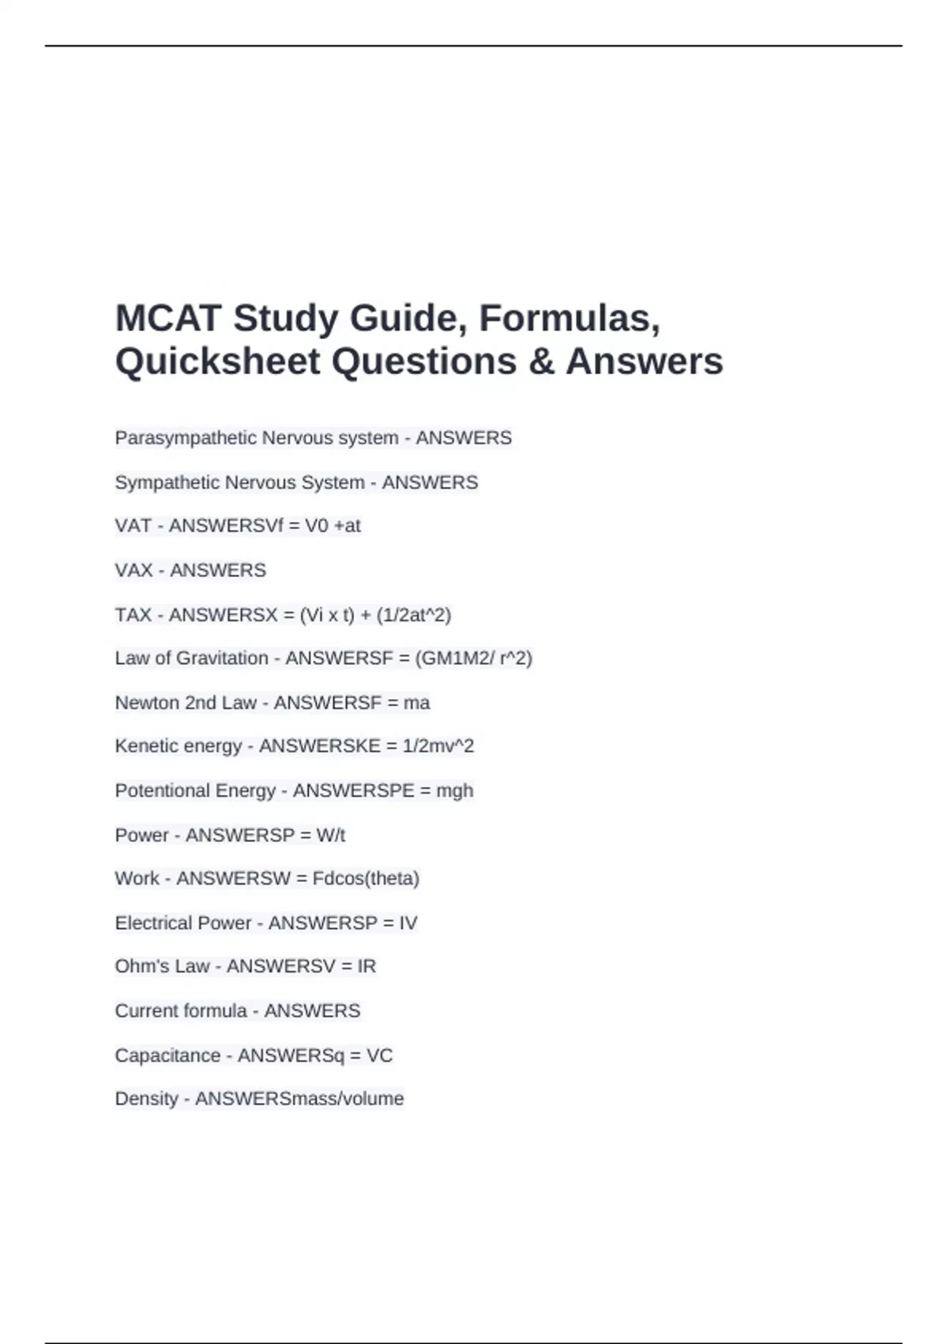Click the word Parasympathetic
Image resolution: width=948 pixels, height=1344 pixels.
[x=186, y=438]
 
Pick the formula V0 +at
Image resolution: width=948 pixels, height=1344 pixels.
[x=333, y=526]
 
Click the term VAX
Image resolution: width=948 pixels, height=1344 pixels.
[x=134, y=570]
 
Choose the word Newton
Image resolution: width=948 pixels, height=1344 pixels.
[x=147, y=702]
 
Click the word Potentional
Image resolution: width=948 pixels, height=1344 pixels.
[x=162, y=791]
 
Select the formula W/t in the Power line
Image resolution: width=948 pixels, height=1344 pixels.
[x=330, y=835]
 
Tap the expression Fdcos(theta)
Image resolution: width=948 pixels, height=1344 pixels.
[x=366, y=878]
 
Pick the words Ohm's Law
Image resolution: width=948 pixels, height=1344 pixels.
[x=162, y=966]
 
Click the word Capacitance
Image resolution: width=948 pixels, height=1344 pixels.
[x=167, y=1055]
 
